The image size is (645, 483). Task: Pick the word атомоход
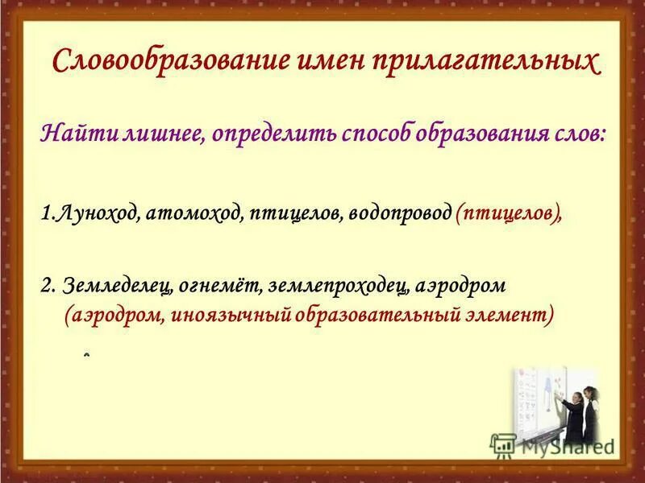[194, 215]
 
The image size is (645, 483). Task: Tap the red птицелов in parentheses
[508, 215]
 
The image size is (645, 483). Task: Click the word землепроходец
[339, 287]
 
